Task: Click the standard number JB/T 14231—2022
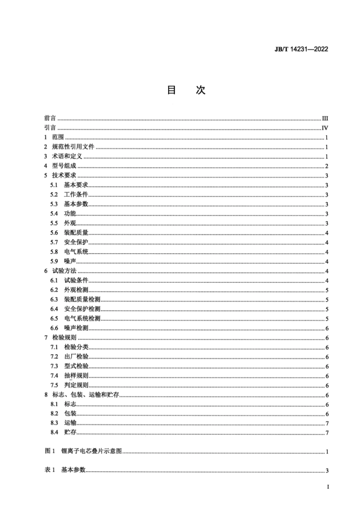click(301, 49)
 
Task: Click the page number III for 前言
click(325, 118)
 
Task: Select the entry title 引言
click(50, 128)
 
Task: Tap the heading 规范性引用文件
click(73, 147)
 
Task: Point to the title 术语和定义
click(67, 156)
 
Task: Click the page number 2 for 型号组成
click(326, 166)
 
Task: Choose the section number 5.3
click(54, 204)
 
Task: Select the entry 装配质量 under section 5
click(76, 233)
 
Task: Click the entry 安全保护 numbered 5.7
click(76, 242)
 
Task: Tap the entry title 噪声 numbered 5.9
click(70, 261)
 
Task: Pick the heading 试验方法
click(64, 271)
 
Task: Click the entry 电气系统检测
click(82, 318)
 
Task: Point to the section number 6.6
click(54, 328)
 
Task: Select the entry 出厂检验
click(76, 357)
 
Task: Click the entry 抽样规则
click(76, 375)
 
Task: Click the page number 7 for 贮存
click(327, 433)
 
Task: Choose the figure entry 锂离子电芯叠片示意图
click(91, 451)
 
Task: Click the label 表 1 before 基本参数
click(50, 470)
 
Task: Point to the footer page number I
click(328, 487)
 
